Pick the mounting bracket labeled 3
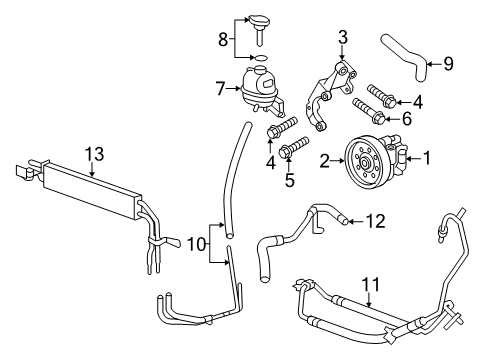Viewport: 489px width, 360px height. click(x=332, y=95)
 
